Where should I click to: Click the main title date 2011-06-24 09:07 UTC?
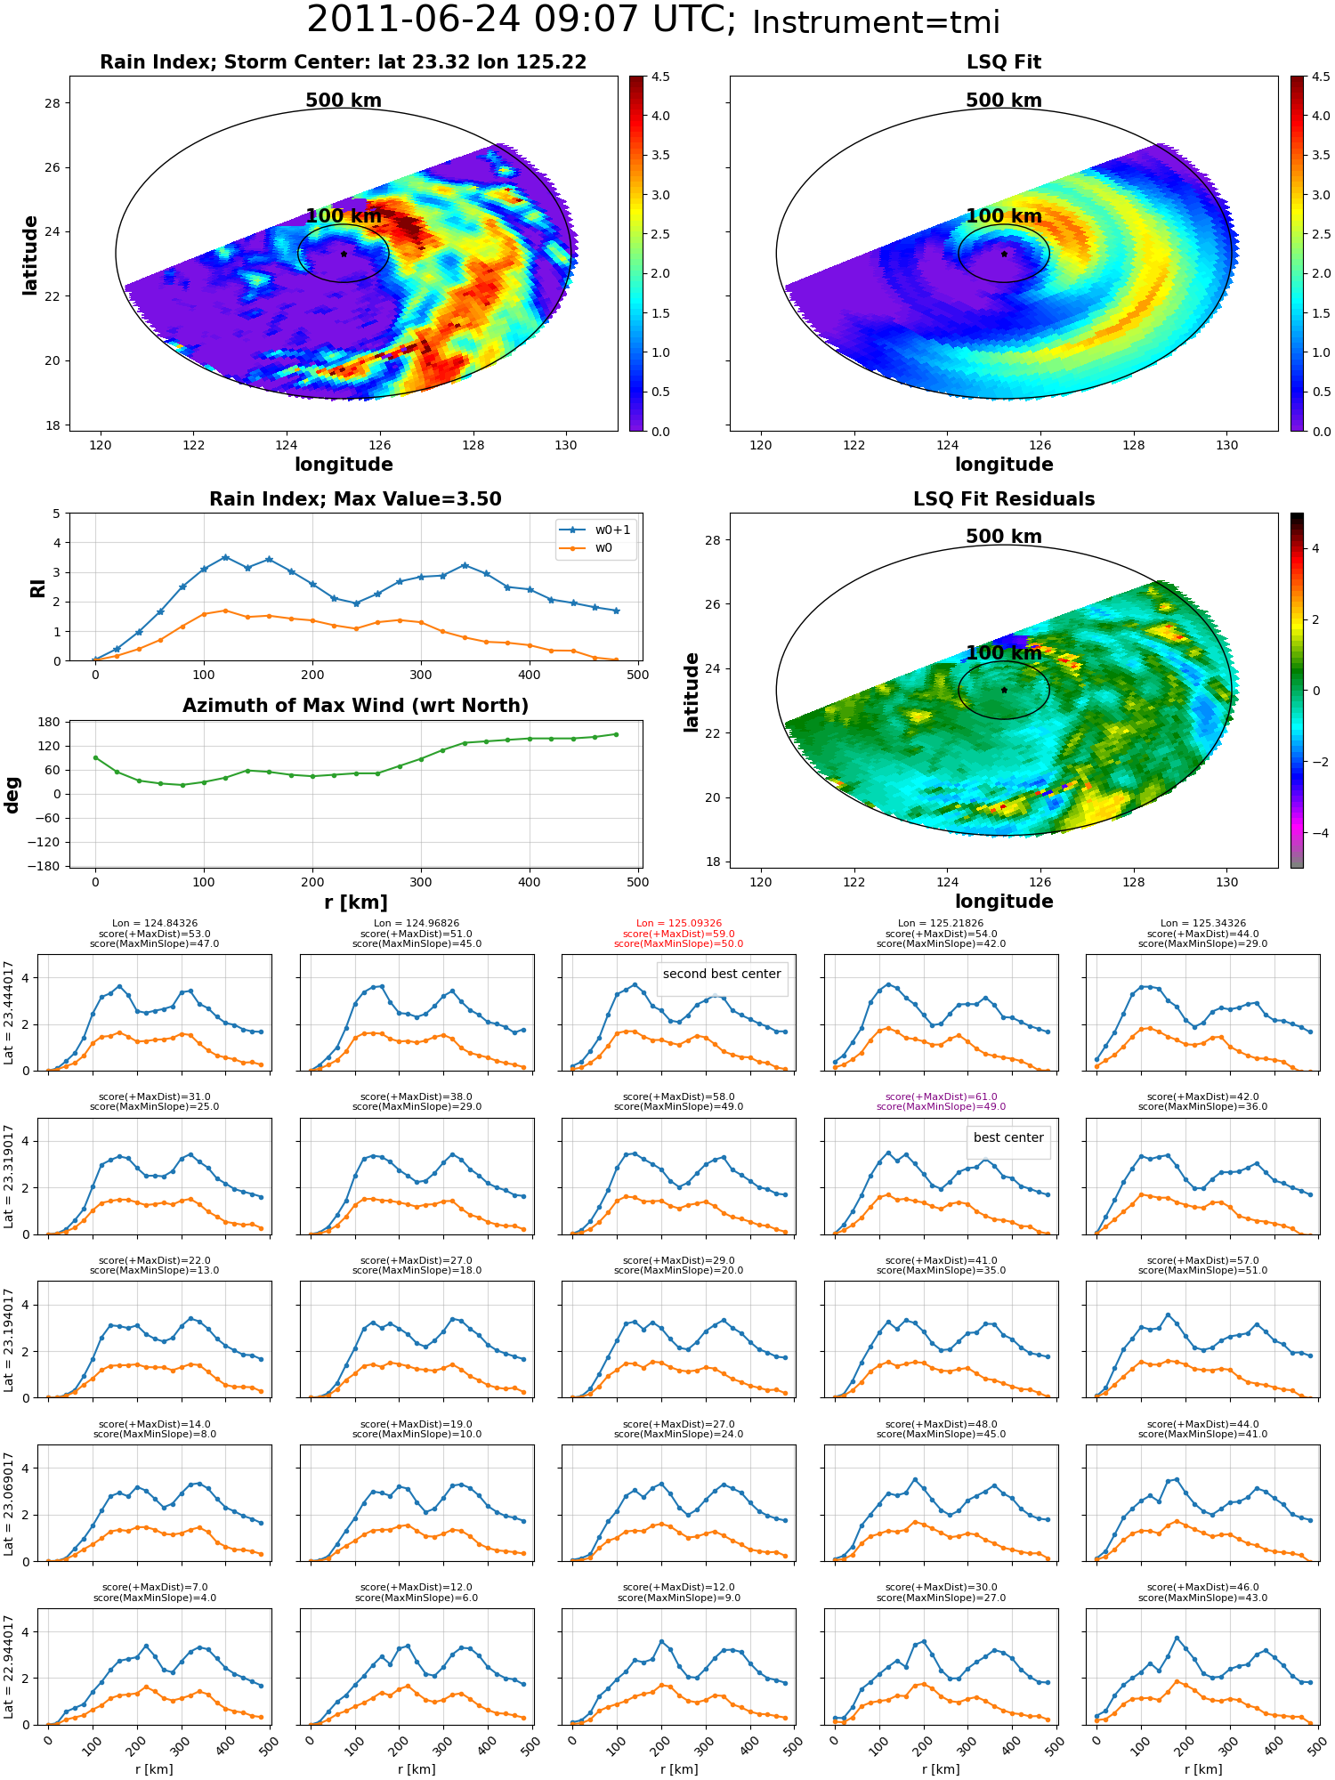click(522, 20)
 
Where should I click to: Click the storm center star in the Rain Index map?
click(344, 254)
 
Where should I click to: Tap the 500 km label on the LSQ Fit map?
click(1004, 101)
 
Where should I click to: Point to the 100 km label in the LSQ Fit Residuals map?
click(1004, 652)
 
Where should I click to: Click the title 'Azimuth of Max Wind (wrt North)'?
click(356, 706)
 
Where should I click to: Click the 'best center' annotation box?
click(1008, 1137)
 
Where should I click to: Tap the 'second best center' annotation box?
click(722, 974)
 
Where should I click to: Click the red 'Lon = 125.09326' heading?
click(679, 924)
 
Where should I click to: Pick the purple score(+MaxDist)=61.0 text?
click(941, 1097)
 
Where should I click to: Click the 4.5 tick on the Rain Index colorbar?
click(660, 77)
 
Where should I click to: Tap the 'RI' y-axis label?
click(37, 588)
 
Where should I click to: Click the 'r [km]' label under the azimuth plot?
click(356, 902)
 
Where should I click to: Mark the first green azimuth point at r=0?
click(95, 757)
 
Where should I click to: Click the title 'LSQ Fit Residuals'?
click(1004, 499)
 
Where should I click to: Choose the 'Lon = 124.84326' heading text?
click(155, 924)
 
